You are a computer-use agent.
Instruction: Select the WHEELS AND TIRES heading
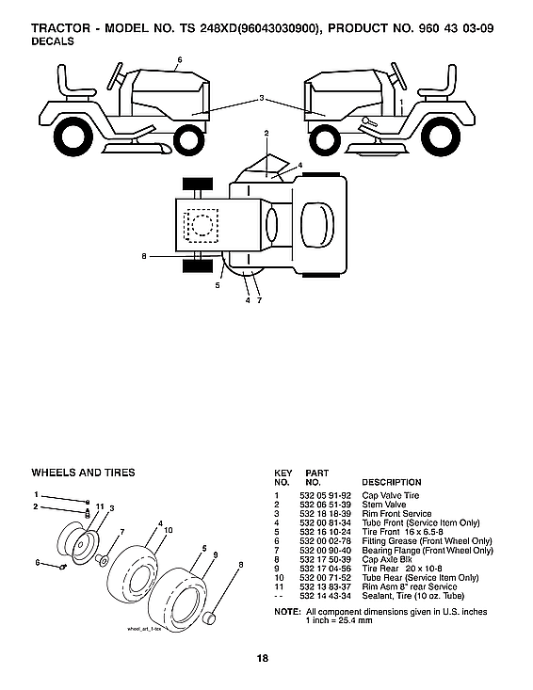click(x=83, y=473)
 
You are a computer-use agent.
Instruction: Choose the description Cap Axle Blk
click(x=387, y=558)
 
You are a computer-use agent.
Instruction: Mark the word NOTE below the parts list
click(x=286, y=612)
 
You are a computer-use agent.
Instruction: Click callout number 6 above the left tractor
click(x=179, y=60)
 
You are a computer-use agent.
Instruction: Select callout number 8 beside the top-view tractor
click(x=143, y=256)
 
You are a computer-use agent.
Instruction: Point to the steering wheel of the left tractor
click(x=118, y=72)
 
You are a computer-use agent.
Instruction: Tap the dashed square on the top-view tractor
click(x=201, y=226)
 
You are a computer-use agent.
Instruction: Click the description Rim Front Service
click(x=396, y=513)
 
